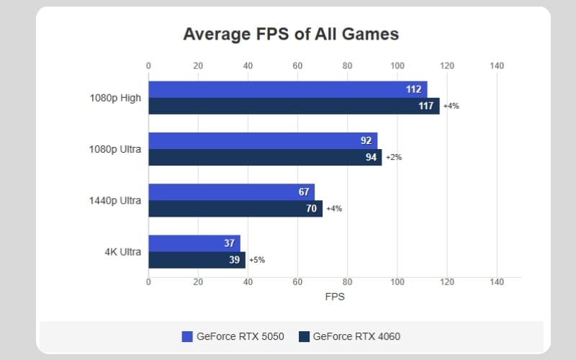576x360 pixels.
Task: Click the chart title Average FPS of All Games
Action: click(290, 34)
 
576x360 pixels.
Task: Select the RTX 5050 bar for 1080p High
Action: click(287, 89)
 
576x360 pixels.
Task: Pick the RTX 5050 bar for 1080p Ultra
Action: click(262, 140)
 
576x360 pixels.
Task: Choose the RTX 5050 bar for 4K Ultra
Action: click(194, 243)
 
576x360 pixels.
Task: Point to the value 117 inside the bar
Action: click(426, 106)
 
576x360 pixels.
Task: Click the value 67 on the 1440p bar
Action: click(304, 192)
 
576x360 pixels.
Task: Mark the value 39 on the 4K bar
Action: click(235, 260)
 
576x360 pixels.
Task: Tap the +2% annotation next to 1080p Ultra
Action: click(393, 157)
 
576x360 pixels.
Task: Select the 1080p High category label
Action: click(116, 98)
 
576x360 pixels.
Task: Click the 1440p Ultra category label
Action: click(116, 200)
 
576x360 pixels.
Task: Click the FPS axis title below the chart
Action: click(335, 297)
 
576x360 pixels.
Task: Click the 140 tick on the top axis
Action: click(496, 66)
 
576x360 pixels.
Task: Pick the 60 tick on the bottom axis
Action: click(297, 283)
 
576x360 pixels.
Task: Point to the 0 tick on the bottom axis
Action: click(148, 283)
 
